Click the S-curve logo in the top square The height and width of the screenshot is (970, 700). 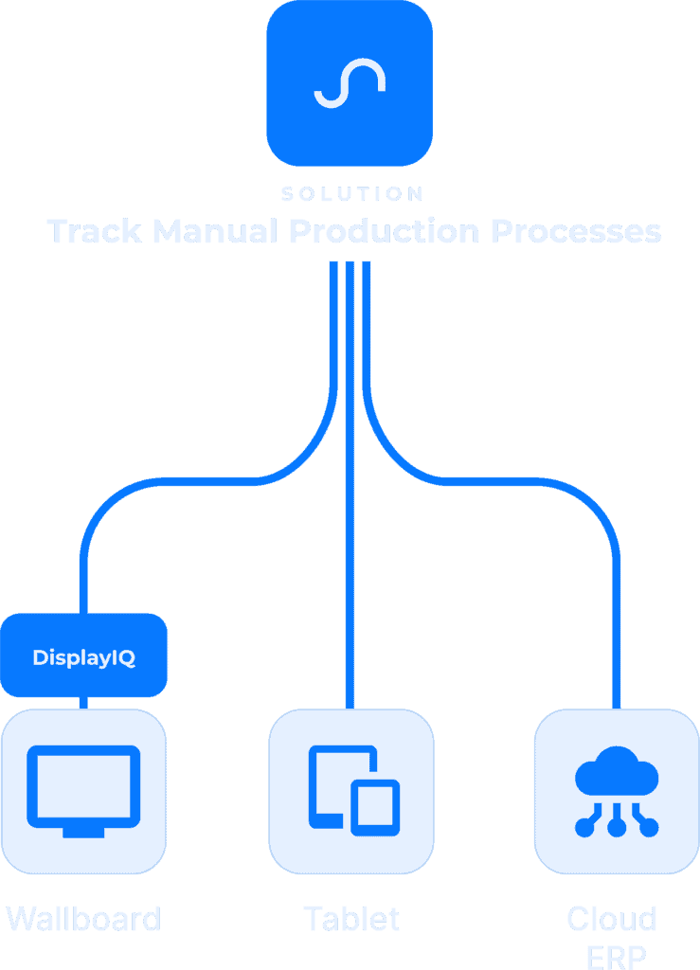350,84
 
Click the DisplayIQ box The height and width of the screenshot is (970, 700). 83,656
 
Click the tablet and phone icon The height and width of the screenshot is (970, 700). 353,790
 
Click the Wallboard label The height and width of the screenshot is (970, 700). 83,919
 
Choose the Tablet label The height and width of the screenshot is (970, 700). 351,919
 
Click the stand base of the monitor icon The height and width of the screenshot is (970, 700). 83,832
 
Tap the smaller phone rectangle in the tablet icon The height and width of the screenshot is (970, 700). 375,808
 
